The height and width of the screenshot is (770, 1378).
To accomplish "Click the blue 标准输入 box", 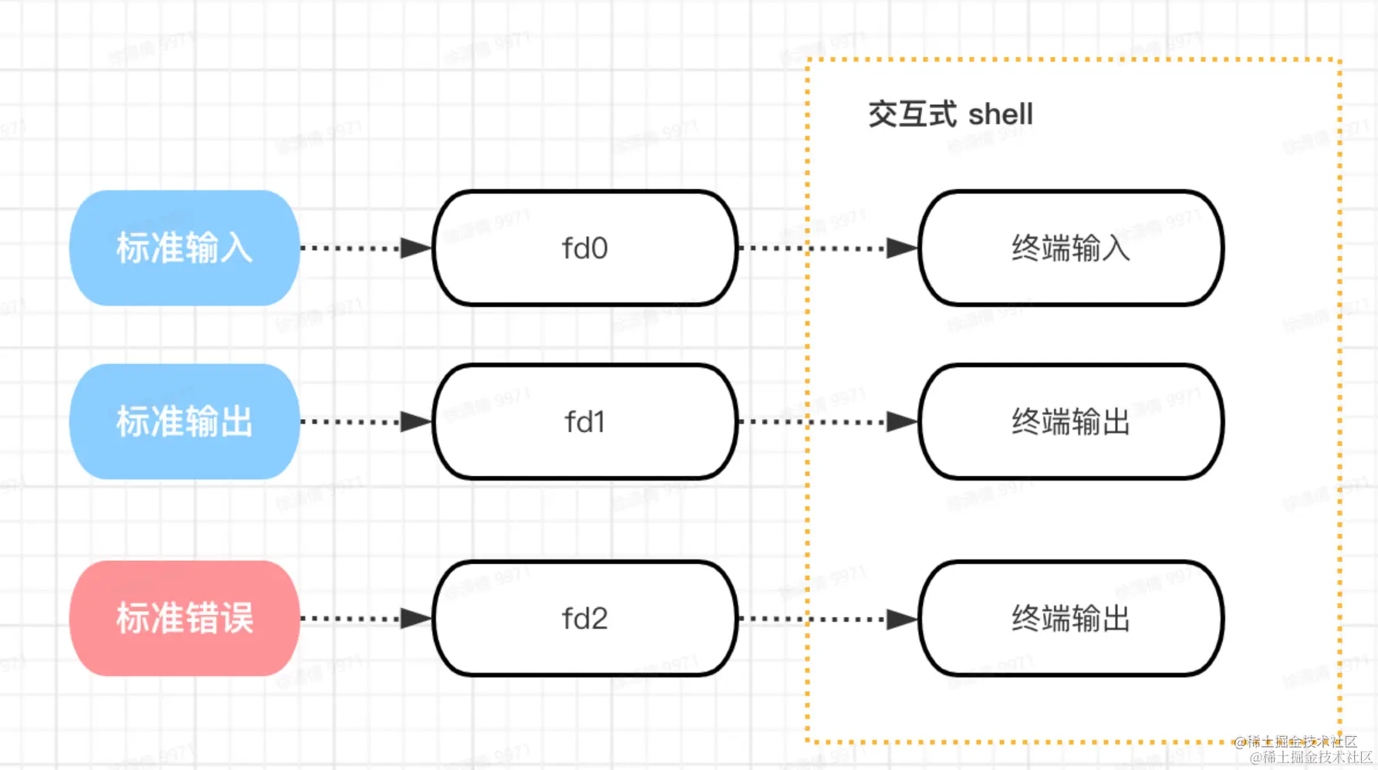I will [184, 248].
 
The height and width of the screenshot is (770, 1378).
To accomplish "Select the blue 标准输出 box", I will [184, 422].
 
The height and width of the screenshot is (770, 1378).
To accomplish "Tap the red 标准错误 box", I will [184, 619].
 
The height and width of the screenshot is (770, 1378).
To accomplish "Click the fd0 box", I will [585, 248].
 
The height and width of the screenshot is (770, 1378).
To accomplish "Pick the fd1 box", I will [585, 422].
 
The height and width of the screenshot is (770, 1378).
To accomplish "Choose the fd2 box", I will [585, 619].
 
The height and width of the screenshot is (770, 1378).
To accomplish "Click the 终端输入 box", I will [1071, 248].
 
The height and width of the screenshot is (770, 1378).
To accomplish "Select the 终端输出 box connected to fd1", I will [1071, 422].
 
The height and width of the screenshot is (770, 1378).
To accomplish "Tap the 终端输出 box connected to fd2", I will [1071, 619].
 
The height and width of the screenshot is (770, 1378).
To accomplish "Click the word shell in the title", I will [1001, 115].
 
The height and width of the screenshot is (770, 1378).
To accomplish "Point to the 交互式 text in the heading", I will [913, 115].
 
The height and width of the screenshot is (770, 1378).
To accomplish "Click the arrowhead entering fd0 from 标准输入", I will [415, 248].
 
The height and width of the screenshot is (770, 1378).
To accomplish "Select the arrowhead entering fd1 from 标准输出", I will [415, 422].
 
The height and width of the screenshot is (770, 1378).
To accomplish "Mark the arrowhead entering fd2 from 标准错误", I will [415, 619].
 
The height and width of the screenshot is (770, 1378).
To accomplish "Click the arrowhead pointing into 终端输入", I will [900, 248].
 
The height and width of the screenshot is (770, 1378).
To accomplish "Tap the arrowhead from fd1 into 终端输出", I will [900, 422].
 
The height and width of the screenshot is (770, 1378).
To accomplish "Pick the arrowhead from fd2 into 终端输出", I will [900, 619].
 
